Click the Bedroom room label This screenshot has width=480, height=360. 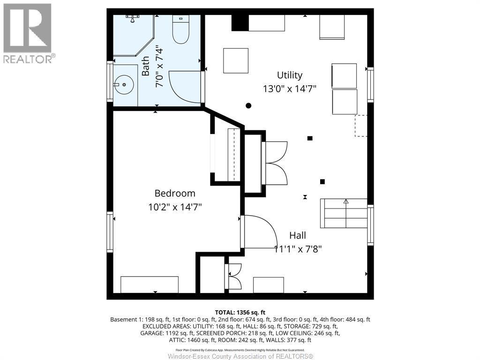(x=175, y=193)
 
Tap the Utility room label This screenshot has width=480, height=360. (x=289, y=75)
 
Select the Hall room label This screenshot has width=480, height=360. (x=297, y=235)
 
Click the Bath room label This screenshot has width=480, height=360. (x=146, y=66)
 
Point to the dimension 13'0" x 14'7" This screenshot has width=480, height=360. (x=289, y=89)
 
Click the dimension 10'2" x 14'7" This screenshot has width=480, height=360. (x=175, y=207)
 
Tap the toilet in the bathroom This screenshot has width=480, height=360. (x=180, y=30)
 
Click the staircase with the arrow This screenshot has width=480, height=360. (x=344, y=213)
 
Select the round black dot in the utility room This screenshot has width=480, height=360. (x=249, y=105)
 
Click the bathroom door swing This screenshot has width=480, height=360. (x=185, y=87)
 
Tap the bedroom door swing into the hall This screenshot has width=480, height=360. (x=258, y=232)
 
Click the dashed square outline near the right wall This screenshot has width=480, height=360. (x=361, y=126)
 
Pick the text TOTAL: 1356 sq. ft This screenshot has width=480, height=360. (x=240, y=312)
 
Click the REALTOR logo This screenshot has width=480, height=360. (x=28, y=33)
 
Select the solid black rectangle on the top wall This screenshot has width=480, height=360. (x=240, y=22)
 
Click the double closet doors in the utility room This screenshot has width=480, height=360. (x=276, y=163)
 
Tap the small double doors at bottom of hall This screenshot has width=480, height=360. (x=234, y=276)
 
